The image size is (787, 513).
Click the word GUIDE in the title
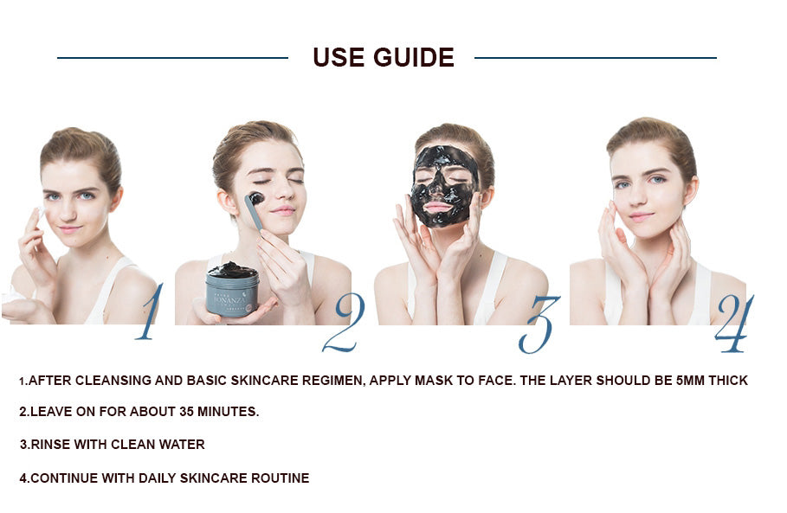click(414, 57)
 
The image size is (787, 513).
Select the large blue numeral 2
click(343, 323)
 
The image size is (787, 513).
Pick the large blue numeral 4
click(733, 324)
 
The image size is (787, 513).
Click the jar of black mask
click(232, 288)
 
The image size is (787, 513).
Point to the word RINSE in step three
click(50, 445)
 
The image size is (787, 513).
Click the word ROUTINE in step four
click(280, 478)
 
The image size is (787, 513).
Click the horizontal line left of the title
click(172, 58)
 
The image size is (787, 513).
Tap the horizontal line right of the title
click(596, 58)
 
